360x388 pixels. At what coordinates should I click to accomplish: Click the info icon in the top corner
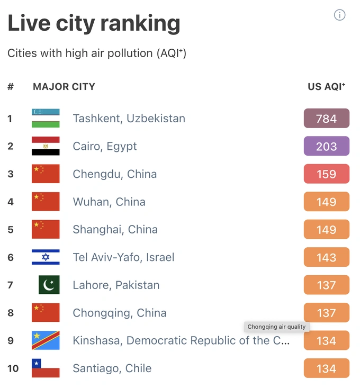click(339, 15)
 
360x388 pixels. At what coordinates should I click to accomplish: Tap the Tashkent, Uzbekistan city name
click(129, 118)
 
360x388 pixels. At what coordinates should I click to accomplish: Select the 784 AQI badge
click(326, 118)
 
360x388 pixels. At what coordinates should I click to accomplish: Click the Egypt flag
click(46, 146)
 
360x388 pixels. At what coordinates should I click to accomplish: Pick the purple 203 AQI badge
click(326, 146)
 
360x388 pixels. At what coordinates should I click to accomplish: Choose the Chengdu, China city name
click(114, 174)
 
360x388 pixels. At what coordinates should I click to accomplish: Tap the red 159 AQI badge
click(326, 174)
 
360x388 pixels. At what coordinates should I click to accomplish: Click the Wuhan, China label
click(109, 202)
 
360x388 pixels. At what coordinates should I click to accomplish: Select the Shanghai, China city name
click(115, 230)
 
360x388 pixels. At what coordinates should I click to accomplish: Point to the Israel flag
click(46, 257)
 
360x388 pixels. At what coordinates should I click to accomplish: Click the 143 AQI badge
click(326, 257)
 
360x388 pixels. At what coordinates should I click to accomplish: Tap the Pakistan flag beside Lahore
click(49, 285)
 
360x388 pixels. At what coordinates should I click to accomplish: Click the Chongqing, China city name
click(119, 313)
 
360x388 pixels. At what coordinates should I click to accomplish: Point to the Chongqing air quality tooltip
click(276, 327)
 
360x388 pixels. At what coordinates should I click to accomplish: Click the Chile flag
click(46, 368)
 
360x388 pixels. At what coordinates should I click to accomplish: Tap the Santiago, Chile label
click(112, 368)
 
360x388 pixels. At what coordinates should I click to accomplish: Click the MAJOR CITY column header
click(64, 86)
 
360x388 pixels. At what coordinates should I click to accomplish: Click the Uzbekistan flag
click(46, 118)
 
